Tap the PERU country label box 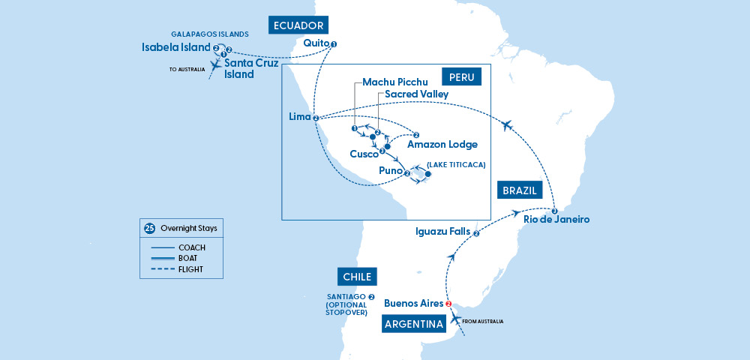[x=460, y=78]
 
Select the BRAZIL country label [x=518, y=190]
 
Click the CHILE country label [x=357, y=277]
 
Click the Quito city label [x=316, y=43]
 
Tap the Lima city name [x=300, y=117]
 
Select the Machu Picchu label [x=394, y=81]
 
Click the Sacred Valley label [x=416, y=94]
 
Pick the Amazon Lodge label [x=442, y=144]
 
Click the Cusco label [x=364, y=154]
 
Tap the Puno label [x=389, y=171]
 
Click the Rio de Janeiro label [x=557, y=220]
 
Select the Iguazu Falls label [x=442, y=232]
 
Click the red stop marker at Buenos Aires [x=449, y=304]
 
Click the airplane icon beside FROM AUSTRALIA [x=455, y=320]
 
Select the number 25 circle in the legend [x=148, y=227]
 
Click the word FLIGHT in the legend [x=192, y=269]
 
